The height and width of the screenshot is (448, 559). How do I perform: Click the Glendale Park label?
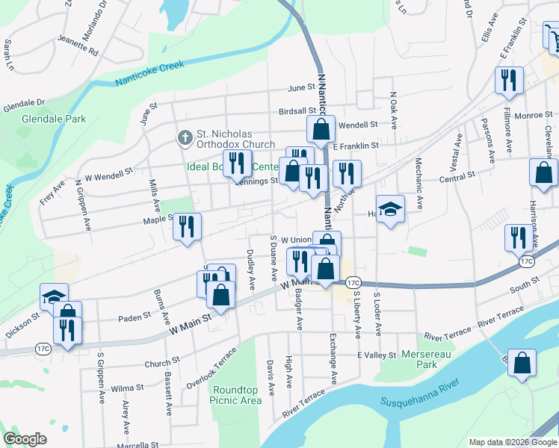click(x=54, y=119)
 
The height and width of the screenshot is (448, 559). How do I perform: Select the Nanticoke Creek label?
click(x=150, y=75)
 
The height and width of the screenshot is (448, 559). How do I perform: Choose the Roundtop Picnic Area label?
click(x=237, y=395)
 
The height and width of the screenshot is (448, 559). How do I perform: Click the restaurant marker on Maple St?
click(x=187, y=226)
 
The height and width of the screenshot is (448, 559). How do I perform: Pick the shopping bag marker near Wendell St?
click(x=321, y=129)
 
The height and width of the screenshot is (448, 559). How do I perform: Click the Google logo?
click(x=25, y=439)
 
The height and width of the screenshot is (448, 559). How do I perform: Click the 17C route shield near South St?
click(x=527, y=262)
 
